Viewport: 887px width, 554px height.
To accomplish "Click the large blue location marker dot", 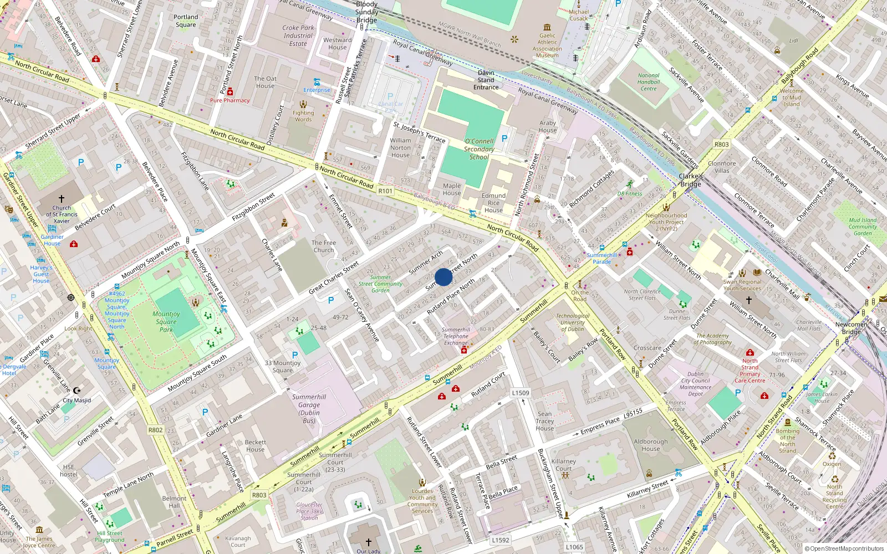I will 443,277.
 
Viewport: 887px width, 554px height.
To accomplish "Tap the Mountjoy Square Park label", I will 166,321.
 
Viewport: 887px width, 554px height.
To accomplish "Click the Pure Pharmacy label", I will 230,100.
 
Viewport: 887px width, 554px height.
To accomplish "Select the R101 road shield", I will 385,191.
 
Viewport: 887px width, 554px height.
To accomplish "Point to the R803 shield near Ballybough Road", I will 721,144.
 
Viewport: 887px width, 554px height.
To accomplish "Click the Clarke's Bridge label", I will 691,180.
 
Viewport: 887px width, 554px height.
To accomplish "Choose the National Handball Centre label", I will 649,82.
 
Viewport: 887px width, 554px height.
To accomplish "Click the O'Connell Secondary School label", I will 479,149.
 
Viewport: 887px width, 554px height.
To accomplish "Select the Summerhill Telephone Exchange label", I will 456,336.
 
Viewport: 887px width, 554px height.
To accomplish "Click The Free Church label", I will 324,246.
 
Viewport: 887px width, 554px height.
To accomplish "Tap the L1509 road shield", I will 520,393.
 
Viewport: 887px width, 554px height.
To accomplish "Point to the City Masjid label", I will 77,400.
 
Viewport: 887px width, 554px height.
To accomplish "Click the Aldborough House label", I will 651,445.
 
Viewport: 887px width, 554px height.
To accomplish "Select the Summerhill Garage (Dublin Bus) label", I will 309,408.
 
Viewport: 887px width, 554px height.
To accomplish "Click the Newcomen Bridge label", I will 851,328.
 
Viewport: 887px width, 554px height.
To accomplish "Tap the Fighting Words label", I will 303,116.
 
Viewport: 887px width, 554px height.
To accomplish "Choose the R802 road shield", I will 155,430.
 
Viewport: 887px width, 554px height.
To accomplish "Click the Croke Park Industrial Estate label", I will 298,35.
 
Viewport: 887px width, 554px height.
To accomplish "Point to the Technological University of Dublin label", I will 573,322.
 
